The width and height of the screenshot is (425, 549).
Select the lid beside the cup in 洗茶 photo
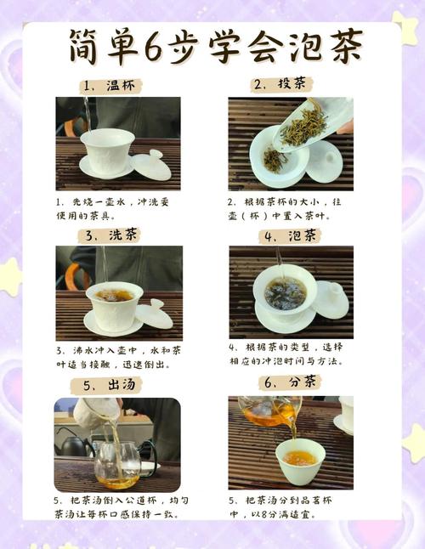click(x=154, y=314)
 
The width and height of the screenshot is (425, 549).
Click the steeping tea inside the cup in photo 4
click(x=284, y=293)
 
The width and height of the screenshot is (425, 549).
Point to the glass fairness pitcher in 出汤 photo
click(x=116, y=467)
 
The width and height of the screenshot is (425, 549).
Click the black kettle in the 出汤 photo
click(x=73, y=443)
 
